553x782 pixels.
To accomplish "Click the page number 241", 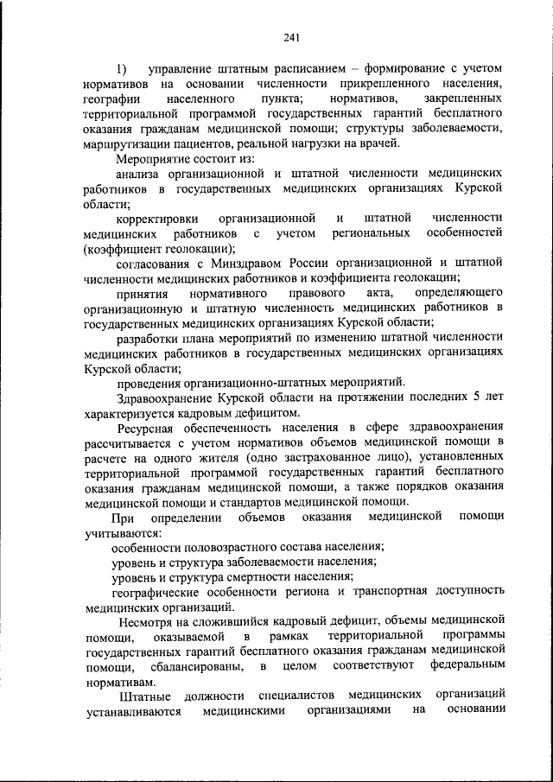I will (290, 35).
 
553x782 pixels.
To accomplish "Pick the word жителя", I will (215, 459).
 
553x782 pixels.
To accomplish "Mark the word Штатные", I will (145, 697).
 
